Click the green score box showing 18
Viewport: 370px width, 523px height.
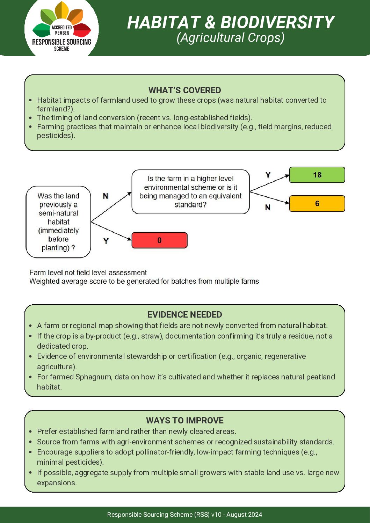(x=317, y=175)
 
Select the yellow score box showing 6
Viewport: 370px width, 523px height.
(x=317, y=204)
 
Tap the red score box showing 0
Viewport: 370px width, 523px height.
(x=159, y=240)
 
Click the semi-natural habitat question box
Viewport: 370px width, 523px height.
(x=58, y=222)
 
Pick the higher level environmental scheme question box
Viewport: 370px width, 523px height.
(x=190, y=192)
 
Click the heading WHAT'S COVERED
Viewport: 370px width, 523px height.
(x=184, y=90)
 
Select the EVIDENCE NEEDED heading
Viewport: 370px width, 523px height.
(x=184, y=314)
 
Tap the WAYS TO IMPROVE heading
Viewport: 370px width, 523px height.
(x=184, y=420)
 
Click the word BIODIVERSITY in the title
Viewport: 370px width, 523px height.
(x=277, y=22)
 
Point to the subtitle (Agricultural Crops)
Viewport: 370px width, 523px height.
(x=230, y=38)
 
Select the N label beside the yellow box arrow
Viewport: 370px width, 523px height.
(x=268, y=208)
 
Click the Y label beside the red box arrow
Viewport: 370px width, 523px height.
(x=106, y=241)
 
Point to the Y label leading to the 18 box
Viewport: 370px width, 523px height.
(x=268, y=175)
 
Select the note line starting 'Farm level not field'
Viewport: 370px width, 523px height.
(x=88, y=273)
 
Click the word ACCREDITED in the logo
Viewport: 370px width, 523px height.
(x=61, y=27)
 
